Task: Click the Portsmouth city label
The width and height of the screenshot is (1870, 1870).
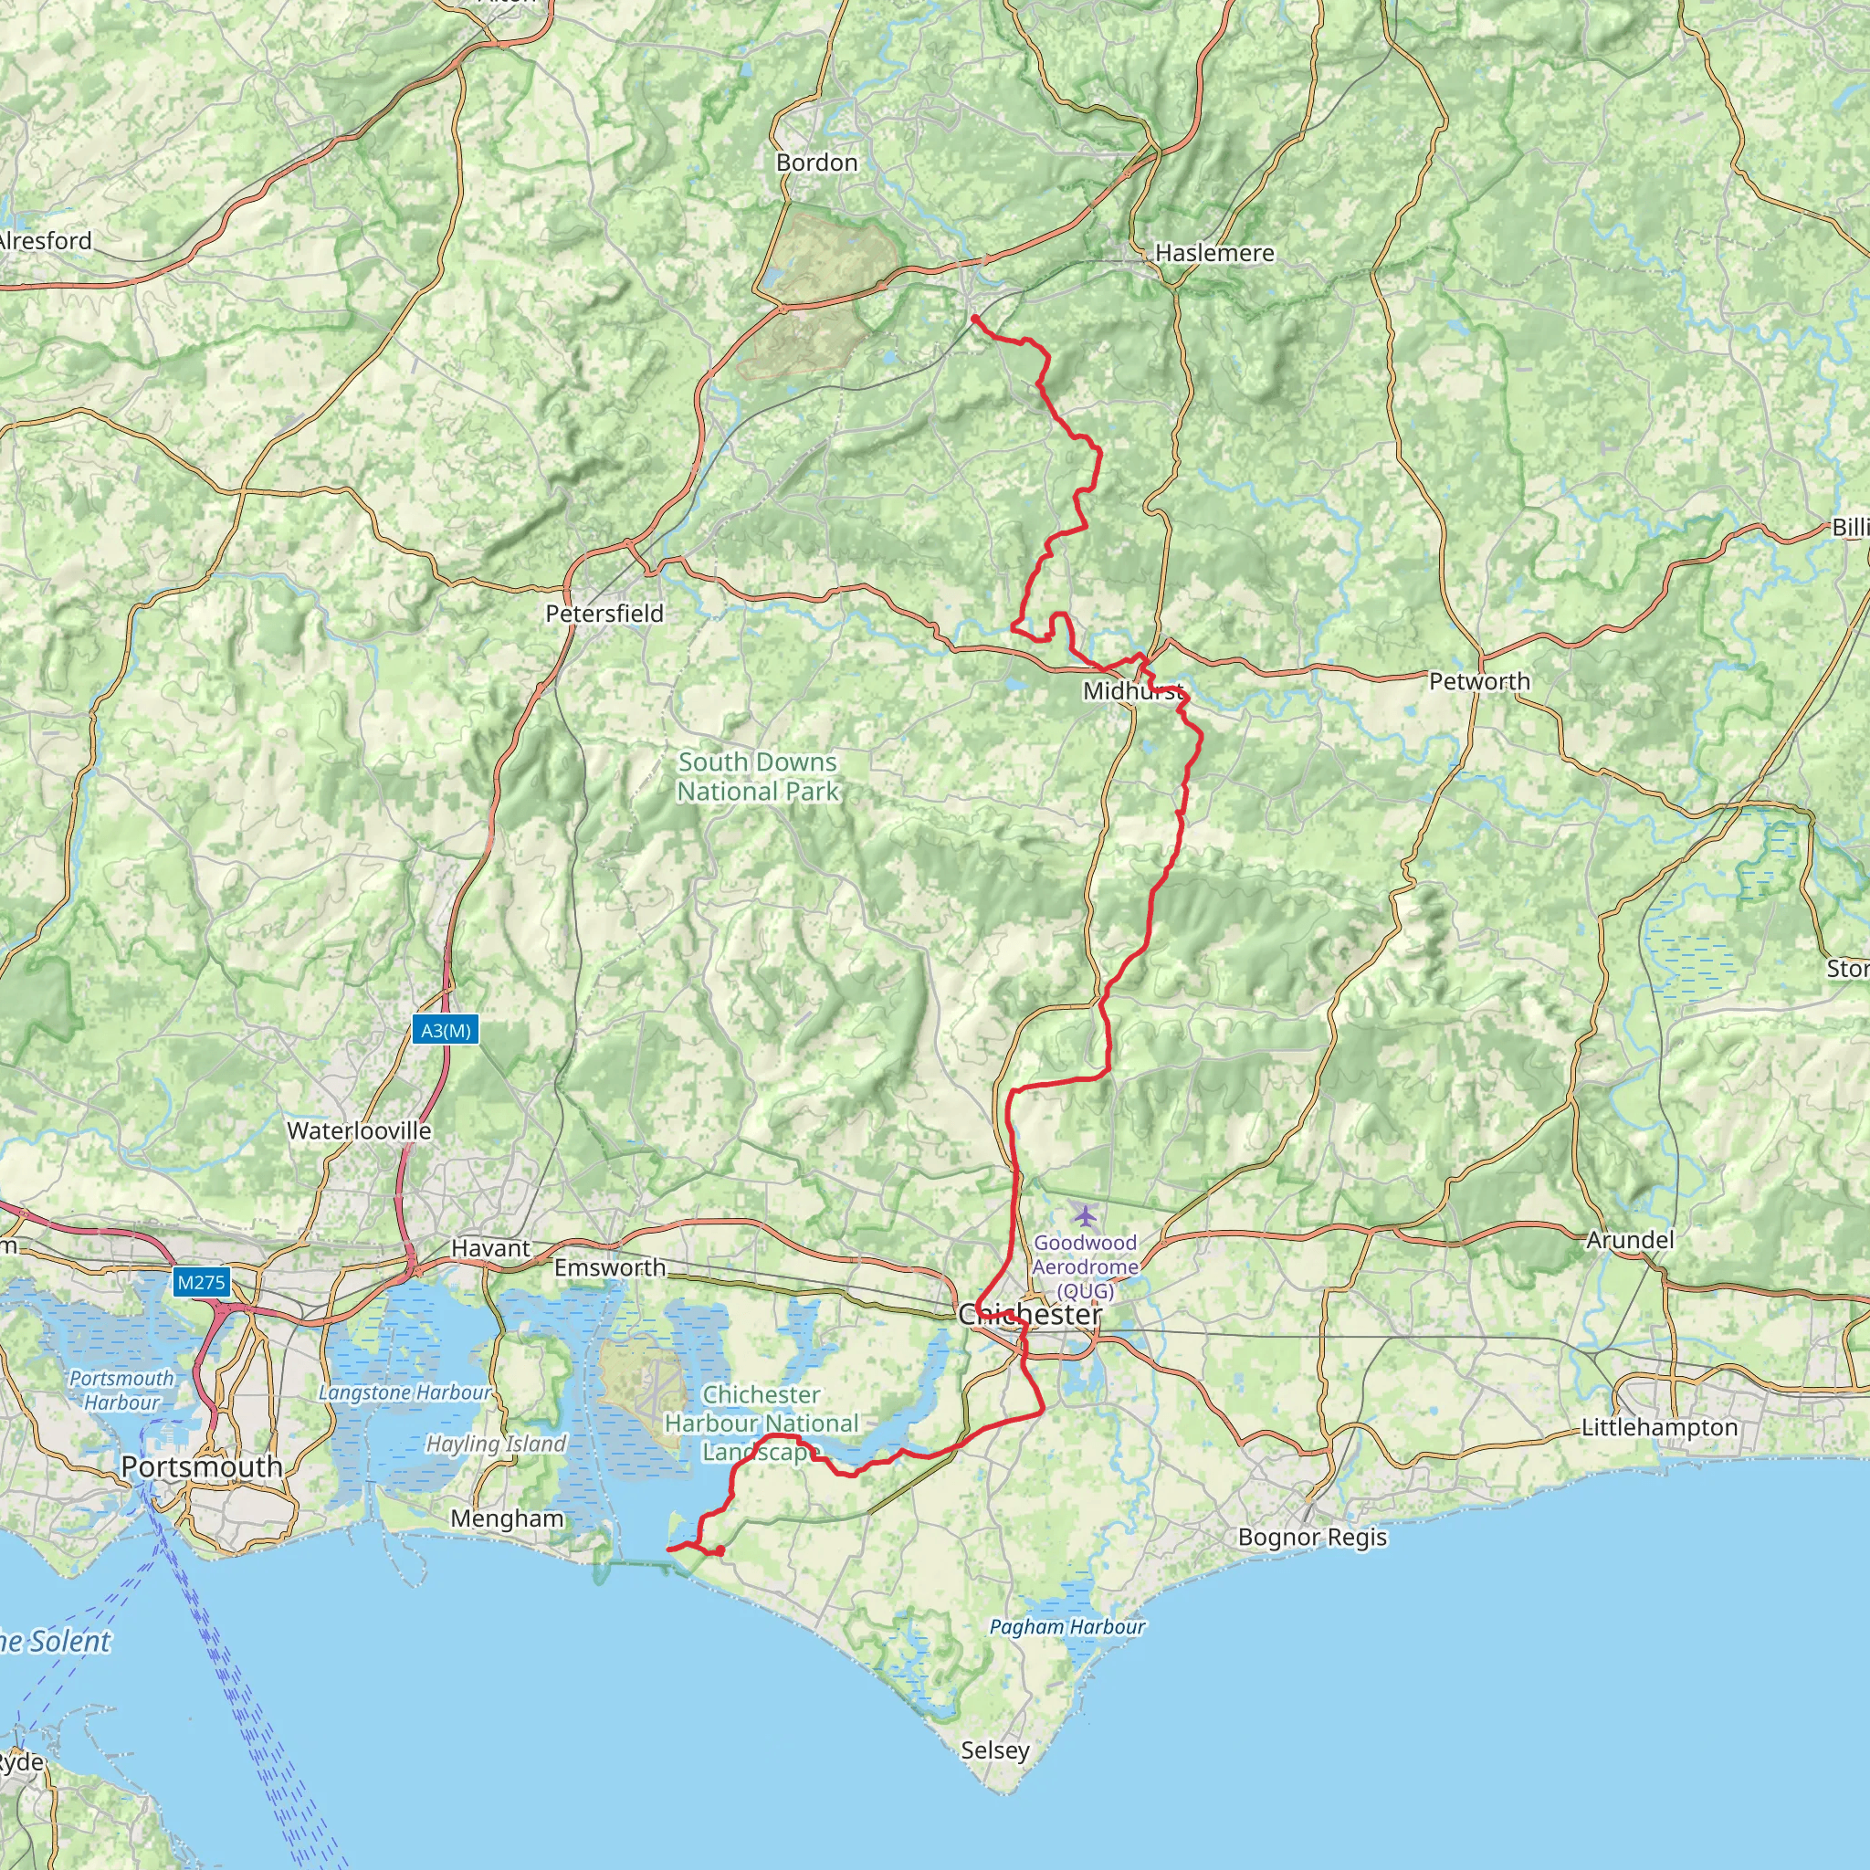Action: click(201, 1467)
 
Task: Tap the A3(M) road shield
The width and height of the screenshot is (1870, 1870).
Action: click(446, 1030)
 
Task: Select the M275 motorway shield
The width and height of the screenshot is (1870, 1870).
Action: click(200, 1284)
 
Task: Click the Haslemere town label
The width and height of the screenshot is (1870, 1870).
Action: click(1213, 254)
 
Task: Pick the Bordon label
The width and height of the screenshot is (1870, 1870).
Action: click(817, 163)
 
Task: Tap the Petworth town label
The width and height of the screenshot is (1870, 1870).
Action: click(1479, 681)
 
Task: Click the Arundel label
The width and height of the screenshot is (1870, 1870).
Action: click(1630, 1240)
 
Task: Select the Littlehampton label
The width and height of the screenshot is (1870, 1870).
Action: click(1659, 1428)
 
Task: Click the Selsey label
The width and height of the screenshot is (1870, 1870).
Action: click(995, 1750)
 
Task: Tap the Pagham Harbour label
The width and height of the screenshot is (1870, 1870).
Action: click(1066, 1627)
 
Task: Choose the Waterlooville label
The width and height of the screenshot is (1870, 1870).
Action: click(359, 1130)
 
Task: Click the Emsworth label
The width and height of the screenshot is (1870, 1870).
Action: click(610, 1268)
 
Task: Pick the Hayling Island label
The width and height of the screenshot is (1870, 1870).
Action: click(496, 1445)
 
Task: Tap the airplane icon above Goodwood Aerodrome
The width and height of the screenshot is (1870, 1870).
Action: click(1086, 1214)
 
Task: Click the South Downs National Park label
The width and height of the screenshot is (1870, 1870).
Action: click(758, 776)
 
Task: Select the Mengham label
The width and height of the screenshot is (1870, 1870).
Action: click(507, 1518)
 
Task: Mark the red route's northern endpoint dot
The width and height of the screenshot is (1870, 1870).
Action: click(974, 318)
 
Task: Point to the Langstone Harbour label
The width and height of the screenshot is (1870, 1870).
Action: click(404, 1392)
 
